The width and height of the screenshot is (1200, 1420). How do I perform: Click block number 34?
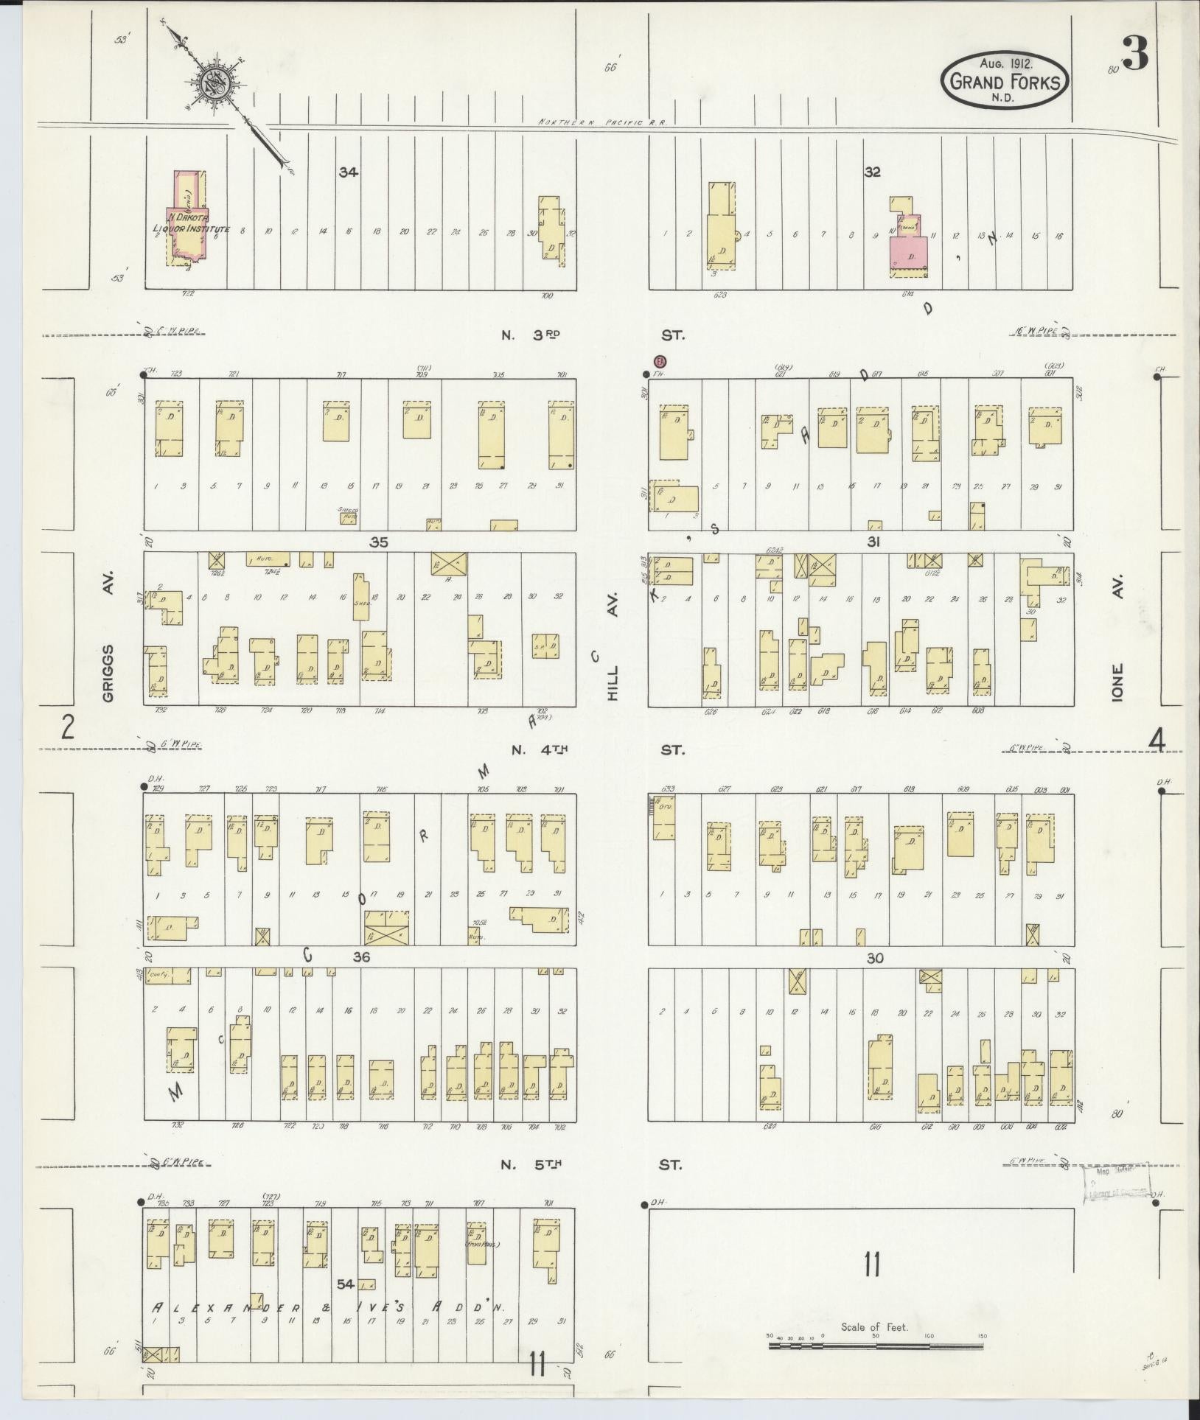(348, 172)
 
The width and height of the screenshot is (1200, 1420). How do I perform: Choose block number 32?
(873, 172)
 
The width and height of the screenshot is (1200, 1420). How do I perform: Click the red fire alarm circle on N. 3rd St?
(660, 361)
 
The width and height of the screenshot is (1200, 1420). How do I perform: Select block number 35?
(379, 542)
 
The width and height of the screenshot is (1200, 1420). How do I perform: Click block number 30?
(875, 958)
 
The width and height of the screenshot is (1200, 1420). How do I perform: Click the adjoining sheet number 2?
(68, 729)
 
